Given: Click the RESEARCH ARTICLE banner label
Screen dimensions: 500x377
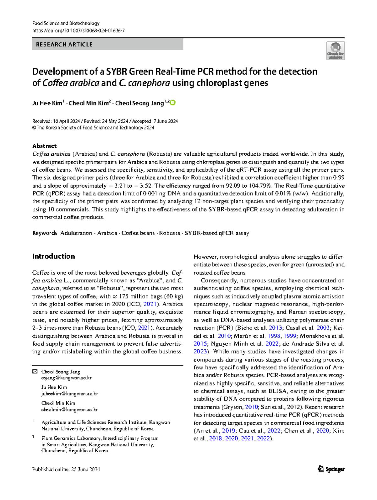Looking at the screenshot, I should click(64, 45).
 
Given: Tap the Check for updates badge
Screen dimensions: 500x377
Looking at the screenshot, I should click(335, 51).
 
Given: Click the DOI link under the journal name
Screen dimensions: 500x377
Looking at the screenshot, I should click(78, 30).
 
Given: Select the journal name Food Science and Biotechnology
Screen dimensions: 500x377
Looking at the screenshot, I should click(66, 23).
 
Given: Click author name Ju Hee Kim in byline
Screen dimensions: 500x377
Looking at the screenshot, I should click(47, 103).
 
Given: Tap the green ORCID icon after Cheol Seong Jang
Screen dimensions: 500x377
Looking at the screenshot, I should click(173, 103).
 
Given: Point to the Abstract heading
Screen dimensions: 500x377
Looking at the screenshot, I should click(44, 146).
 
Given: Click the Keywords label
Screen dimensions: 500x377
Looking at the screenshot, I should click(45, 233).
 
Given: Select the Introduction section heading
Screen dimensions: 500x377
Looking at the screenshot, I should click(53, 256).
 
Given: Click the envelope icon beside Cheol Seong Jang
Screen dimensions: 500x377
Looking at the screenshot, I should click(35, 372).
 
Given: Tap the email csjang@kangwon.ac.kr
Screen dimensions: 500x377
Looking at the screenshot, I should click(66, 378).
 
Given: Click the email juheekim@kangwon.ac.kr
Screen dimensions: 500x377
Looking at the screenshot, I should click(69, 394).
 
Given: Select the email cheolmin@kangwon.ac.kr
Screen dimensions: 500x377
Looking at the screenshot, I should click(69, 410).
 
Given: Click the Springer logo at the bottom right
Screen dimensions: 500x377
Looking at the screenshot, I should click(331, 469).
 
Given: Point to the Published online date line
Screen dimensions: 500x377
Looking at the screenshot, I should click(66, 469).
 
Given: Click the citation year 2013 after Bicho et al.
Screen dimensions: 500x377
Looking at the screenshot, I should click(275, 328).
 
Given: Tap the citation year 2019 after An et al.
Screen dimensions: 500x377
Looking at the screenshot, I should click(228, 431).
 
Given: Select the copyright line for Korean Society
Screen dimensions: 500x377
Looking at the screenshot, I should click(93, 128).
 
